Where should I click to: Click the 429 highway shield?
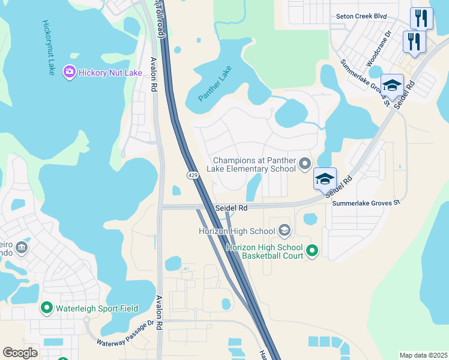coord(193,175)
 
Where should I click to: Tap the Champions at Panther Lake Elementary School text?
coord(255,164)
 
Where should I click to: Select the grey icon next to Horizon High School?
coord(284,230)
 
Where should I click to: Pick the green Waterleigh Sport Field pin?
coord(46,308)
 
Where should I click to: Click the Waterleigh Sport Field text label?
coord(97,308)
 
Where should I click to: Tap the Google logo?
coord(20,352)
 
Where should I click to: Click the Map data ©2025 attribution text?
coord(423,355)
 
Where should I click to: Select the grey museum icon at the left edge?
coord(22,248)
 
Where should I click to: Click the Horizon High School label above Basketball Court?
coord(237,231)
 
